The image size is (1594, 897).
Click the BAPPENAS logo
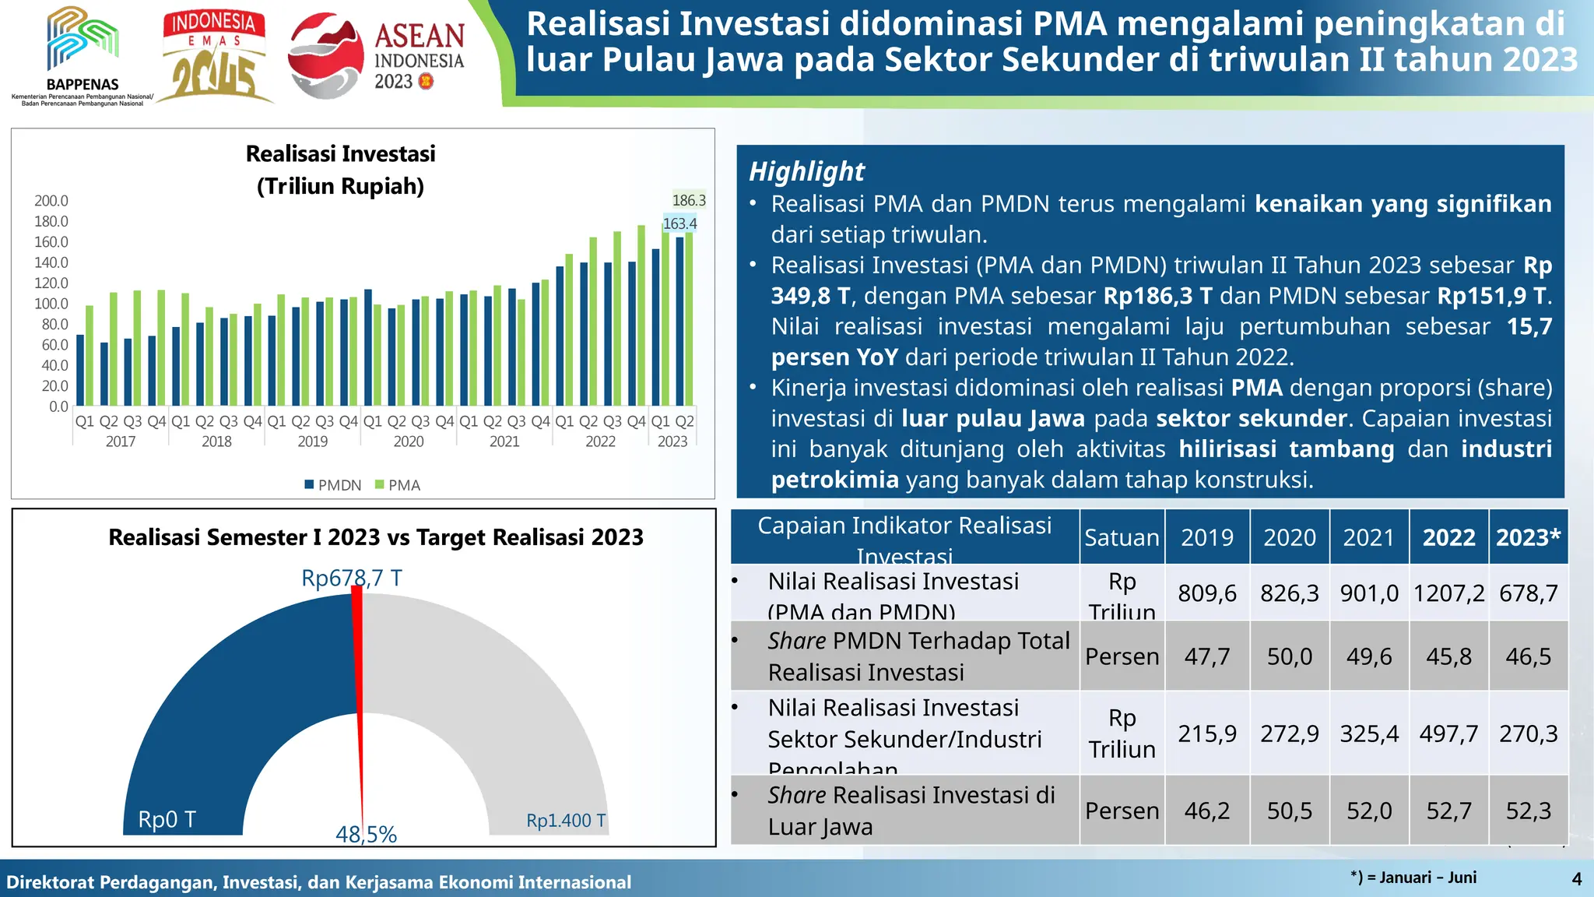pyautogui.click(x=82, y=55)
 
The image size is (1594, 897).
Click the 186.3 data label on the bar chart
pyautogui.click(x=689, y=200)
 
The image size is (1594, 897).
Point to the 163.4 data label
pyautogui.click(x=679, y=223)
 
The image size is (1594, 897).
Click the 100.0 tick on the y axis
pyautogui.click(x=51, y=304)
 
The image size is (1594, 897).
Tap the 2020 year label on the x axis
pyautogui.click(x=408, y=441)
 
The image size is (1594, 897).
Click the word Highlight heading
pyautogui.click(x=806, y=171)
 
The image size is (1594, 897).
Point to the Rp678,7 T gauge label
pyautogui.click(x=352, y=578)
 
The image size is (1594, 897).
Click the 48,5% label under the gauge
pyautogui.click(x=366, y=835)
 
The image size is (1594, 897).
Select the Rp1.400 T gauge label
pyautogui.click(x=566, y=821)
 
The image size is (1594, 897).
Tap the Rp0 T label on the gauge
pyautogui.click(x=167, y=819)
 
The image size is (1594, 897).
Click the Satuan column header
pyautogui.click(x=1122, y=537)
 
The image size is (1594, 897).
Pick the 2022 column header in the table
pyautogui.click(x=1448, y=537)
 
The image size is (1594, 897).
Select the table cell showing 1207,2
pyautogui.click(x=1448, y=593)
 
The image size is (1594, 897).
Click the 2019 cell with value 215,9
pyautogui.click(x=1207, y=733)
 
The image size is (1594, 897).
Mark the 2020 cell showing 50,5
pyautogui.click(x=1290, y=811)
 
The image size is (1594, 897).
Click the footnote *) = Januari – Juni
pyautogui.click(x=1413, y=878)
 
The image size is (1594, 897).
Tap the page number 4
pyautogui.click(x=1577, y=879)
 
